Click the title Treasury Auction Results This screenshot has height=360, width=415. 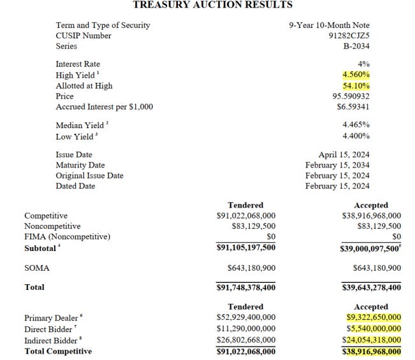coord(212,5)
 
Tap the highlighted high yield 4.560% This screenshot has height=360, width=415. coord(356,75)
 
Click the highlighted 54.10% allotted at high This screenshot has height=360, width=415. coord(356,85)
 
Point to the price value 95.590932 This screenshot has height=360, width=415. coord(349,96)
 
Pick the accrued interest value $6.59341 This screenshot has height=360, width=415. coord(353,107)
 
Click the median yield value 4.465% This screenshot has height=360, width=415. coord(356,126)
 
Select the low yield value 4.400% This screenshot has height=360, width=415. coord(356,136)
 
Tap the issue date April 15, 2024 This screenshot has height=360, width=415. coord(344,155)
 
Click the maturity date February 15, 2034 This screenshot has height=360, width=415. coord(337,165)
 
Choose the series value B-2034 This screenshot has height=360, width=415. coord(356,46)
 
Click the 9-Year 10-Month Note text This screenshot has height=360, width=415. coord(329,25)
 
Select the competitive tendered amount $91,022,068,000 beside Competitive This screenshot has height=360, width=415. coord(246,216)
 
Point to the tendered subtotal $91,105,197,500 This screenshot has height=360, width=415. coord(246,248)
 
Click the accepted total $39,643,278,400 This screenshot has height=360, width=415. coord(371,287)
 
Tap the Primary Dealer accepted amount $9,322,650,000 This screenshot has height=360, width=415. coord(374,317)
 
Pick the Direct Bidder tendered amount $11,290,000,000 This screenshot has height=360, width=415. coord(246,329)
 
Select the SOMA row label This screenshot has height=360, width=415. coord(37,268)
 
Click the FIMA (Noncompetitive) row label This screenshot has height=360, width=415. coord(67,237)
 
